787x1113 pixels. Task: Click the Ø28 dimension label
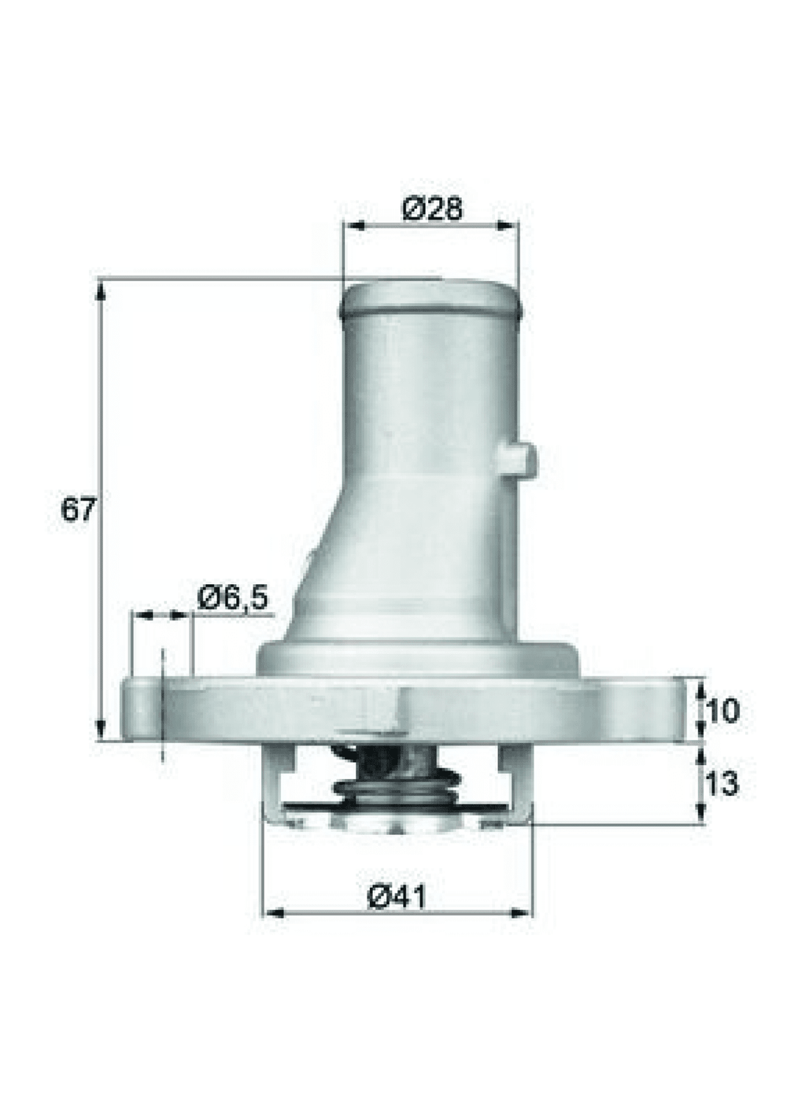432,208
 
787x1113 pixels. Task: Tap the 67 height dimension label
77,509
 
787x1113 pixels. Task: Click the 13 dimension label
722,784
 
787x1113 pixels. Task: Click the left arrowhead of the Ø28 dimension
356,226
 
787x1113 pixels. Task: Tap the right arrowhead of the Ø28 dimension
508,226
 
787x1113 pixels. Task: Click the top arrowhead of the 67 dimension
101,290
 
